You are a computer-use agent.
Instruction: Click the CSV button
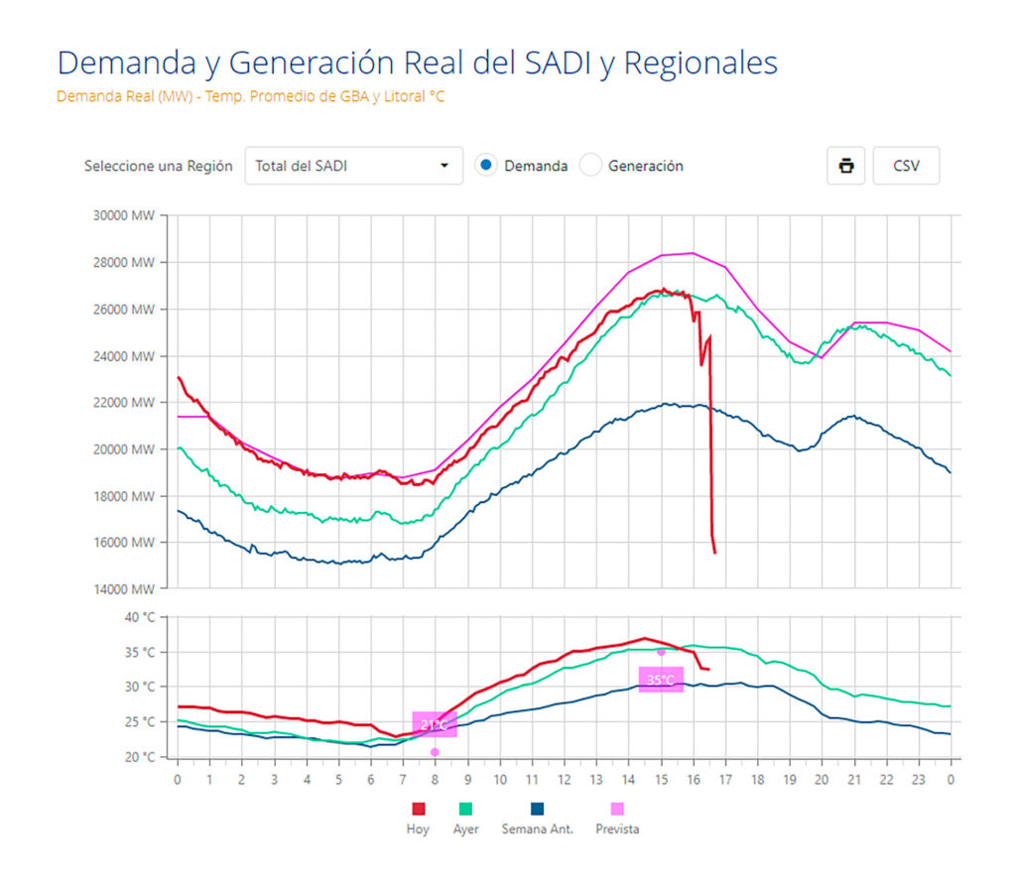(x=906, y=166)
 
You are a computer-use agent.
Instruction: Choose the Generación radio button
(x=591, y=166)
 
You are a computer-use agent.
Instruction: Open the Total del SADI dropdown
(x=353, y=166)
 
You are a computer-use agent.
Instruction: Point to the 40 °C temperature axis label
(x=138, y=617)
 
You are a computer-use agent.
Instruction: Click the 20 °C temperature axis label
(x=138, y=757)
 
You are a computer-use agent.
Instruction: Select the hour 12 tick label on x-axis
(x=564, y=781)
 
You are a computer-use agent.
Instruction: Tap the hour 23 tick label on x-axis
(x=918, y=781)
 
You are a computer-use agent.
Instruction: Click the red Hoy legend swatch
(x=419, y=809)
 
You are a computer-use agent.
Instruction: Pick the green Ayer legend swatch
(x=465, y=809)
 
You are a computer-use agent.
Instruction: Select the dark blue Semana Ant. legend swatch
(x=538, y=809)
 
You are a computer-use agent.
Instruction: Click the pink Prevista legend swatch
(x=617, y=809)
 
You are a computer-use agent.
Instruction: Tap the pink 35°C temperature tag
(x=661, y=680)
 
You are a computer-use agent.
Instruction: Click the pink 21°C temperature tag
(x=435, y=725)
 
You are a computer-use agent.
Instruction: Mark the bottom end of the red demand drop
(x=714, y=552)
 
